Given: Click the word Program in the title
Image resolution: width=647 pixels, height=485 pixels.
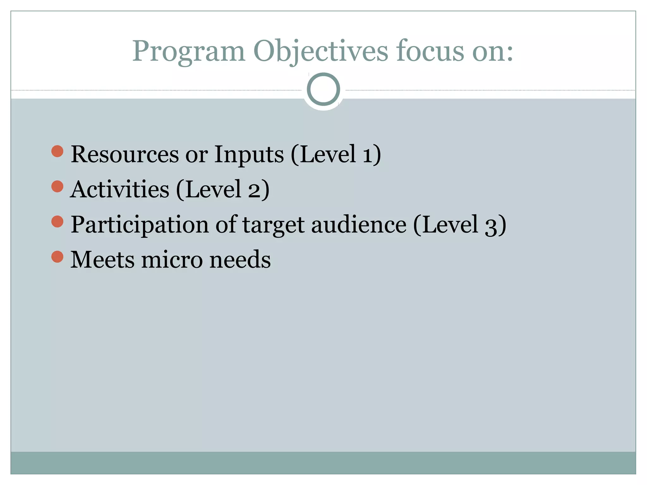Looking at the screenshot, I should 189,51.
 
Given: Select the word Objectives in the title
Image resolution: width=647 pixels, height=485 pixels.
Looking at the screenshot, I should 320,51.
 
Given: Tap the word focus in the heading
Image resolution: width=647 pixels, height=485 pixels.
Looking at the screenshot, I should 430,51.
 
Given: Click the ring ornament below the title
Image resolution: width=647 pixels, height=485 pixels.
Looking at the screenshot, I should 323,89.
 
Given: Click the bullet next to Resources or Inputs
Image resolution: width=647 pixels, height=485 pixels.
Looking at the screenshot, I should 57,151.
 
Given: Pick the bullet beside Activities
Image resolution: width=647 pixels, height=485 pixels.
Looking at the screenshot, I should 57,186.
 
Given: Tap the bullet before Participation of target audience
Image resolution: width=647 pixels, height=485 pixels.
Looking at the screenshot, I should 57,221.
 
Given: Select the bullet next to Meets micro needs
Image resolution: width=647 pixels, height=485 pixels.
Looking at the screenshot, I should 57,256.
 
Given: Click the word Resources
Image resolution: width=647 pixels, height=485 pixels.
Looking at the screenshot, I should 125,155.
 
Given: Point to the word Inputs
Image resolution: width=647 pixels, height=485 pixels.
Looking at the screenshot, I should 249,155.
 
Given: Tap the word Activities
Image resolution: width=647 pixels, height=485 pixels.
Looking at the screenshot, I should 120,190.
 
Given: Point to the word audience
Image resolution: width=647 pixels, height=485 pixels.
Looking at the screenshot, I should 359,225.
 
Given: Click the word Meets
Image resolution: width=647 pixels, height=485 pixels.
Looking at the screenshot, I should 102,260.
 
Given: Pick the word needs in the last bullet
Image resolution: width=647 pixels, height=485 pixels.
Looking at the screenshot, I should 240,260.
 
